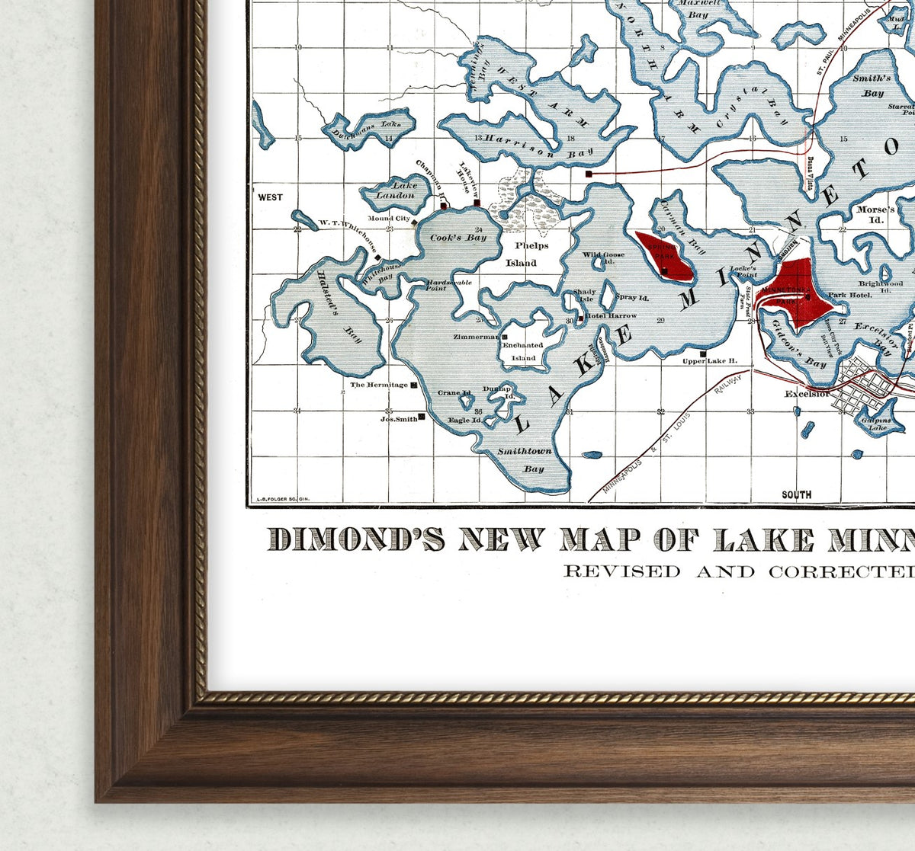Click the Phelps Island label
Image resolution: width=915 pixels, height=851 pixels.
pyautogui.click(x=526, y=254)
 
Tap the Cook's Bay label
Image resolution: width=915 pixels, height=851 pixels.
pyautogui.click(x=457, y=238)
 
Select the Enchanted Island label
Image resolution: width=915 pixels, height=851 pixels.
pyautogui.click(x=523, y=351)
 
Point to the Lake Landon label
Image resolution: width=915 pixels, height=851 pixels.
pyautogui.click(x=394, y=190)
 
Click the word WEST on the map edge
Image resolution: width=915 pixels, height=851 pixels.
pyautogui.click(x=270, y=197)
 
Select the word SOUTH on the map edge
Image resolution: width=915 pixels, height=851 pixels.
pyautogui.click(x=796, y=495)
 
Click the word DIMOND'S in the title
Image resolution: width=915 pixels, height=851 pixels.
pyautogui.click(x=356, y=539)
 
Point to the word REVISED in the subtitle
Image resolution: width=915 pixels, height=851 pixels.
pyautogui.click(x=611, y=571)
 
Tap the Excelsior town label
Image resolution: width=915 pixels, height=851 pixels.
pyautogui.click(x=807, y=394)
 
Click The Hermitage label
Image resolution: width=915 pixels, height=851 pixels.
pyautogui.click(x=379, y=386)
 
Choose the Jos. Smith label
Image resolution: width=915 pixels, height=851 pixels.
pyautogui.click(x=399, y=418)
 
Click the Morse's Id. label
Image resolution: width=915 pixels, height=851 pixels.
pyautogui.click(x=875, y=214)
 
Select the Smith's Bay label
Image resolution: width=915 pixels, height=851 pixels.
pyautogui.click(x=872, y=85)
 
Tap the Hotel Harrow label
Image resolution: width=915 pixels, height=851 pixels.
pyautogui.click(x=611, y=315)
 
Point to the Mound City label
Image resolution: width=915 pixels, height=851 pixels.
pyautogui.click(x=389, y=219)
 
